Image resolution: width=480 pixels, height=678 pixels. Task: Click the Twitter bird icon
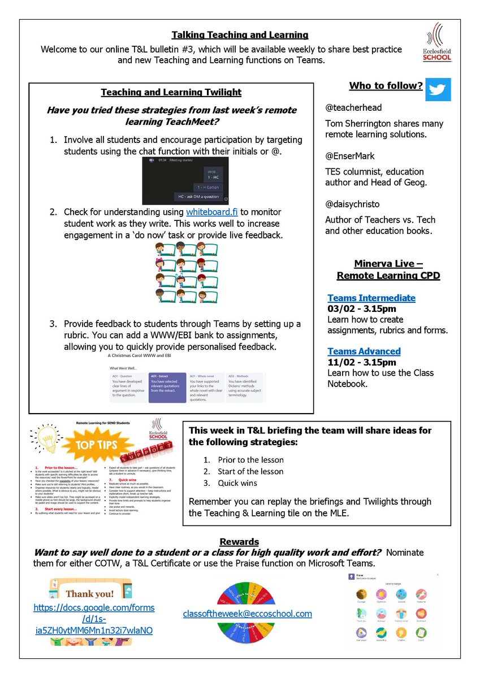438,89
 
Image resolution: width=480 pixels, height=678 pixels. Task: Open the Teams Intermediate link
371,298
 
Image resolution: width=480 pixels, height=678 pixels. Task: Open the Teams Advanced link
364,351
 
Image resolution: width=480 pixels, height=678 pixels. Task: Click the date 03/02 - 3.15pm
361,308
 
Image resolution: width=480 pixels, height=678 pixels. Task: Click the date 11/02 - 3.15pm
361,362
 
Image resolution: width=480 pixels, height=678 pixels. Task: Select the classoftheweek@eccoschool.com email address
248,614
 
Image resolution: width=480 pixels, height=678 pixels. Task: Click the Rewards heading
239,542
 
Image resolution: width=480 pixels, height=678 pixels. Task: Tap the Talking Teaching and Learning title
240,35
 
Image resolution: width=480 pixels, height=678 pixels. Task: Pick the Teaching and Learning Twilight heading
171,92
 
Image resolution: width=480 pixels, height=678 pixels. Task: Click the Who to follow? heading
386,86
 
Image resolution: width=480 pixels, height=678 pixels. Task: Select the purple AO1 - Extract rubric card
167,387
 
